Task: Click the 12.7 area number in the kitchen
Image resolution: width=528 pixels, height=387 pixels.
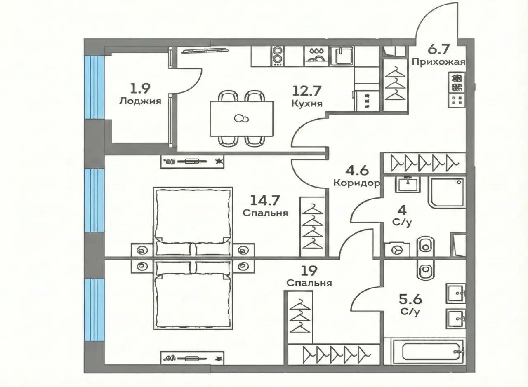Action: [307, 91]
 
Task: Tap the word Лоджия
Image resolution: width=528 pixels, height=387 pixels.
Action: [140, 101]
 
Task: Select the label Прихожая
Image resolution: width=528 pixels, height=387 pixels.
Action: [438, 62]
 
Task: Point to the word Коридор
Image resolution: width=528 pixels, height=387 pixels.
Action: [357, 183]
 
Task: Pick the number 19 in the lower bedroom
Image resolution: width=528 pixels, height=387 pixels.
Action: [309, 271]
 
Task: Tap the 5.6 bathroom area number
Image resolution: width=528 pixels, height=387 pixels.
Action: [410, 300]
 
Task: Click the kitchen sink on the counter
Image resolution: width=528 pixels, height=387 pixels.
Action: [342, 56]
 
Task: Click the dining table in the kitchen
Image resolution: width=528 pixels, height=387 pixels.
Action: [242, 119]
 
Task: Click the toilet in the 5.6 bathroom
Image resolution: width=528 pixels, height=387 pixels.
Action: [426, 270]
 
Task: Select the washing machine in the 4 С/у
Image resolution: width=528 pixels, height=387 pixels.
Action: [397, 250]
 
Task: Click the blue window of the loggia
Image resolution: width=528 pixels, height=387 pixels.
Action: [94, 87]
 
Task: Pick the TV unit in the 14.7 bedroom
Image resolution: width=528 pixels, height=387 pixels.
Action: [192, 162]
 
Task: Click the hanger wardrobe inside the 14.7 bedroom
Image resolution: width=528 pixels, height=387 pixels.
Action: [313, 227]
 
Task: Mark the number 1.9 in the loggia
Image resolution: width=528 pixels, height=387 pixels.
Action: [140, 89]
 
